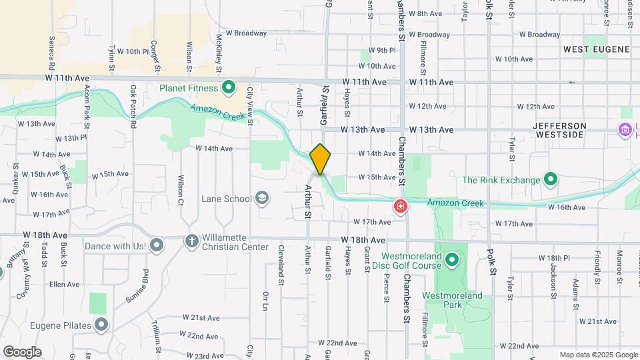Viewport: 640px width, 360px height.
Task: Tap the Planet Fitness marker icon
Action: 229,87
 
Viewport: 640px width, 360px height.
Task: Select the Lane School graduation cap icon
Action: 263,198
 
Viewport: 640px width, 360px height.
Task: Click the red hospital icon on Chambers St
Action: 401,207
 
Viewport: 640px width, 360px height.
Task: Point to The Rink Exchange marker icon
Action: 551,179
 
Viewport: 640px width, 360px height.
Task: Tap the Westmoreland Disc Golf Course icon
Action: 452,259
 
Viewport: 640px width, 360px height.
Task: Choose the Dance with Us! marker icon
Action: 157,246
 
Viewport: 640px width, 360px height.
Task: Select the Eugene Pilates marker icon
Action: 101,325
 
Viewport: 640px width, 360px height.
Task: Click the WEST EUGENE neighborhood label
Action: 596,49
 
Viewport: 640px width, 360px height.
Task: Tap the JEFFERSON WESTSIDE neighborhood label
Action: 560,130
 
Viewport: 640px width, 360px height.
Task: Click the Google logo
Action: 22,351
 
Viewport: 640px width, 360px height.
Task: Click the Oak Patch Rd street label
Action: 133,107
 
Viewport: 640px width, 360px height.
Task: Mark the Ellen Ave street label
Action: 65,284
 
